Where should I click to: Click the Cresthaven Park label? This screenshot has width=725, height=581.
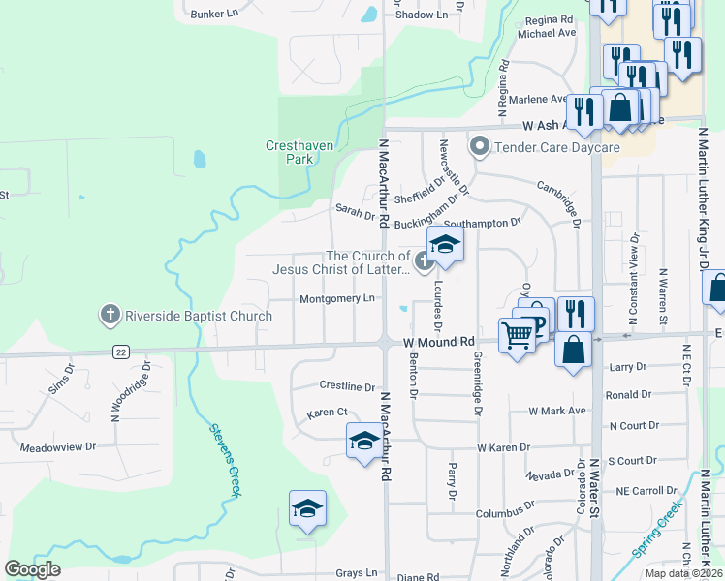point(290,152)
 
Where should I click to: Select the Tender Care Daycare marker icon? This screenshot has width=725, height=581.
point(479,147)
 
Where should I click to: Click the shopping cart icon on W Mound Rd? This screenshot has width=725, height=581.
point(518,335)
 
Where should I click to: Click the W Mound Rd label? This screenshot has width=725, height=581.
point(438,342)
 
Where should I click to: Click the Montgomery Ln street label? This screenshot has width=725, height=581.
point(336,299)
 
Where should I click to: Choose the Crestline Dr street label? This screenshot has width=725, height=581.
point(347,386)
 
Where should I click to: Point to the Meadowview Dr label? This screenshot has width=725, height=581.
point(58,447)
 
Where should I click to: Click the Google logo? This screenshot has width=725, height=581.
point(32,568)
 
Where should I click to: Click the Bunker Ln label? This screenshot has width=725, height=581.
point(215,15)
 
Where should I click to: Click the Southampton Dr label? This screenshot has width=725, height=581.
point(489,223)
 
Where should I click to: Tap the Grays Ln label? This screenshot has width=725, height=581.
point(357,573)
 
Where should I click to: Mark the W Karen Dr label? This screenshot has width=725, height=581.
point(503,447)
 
